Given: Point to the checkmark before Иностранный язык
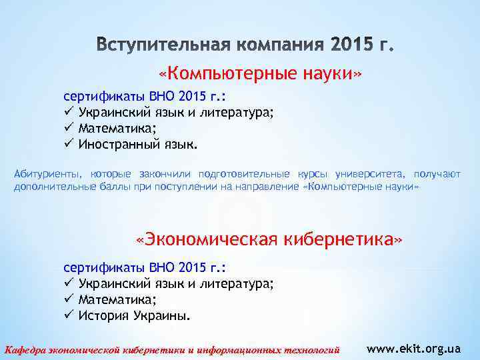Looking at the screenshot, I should (x=68, y=143).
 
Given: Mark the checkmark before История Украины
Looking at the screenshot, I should (x=68, y=315).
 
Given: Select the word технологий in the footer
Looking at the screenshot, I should (x=309, y=349).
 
